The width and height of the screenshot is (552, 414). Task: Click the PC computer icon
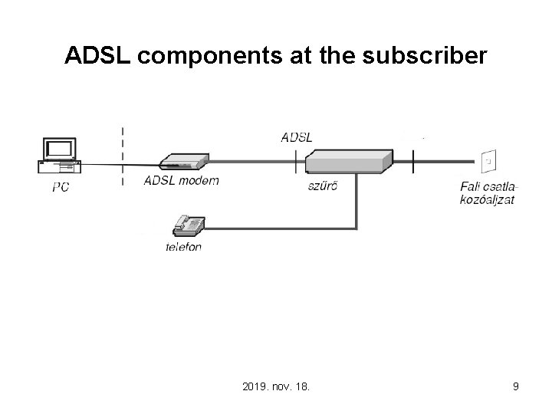click(60, 155)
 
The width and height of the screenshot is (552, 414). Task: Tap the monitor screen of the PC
click(59, 148)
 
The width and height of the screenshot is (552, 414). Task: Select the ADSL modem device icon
click(184, 162)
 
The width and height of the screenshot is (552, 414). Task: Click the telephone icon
click(189, 225)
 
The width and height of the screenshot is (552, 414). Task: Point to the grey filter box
click(349, 162)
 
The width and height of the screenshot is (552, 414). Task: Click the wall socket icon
click(488, 161)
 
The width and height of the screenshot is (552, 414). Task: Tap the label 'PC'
click(61, 187)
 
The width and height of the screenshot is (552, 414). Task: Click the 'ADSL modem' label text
click(182, 181)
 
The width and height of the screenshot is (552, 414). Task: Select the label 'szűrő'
click(323, 186)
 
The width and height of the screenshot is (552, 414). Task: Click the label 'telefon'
click(183, 247)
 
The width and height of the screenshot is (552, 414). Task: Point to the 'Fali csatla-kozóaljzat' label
click(488, 193)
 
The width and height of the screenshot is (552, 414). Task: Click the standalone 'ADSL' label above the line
click(297, 138)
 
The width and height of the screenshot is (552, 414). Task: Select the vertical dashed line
click(123, 156)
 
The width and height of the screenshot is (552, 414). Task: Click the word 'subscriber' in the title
click(425, 55)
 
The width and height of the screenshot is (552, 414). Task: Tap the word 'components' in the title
click(210, 56)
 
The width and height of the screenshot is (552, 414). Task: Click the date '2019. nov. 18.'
click(276, 386)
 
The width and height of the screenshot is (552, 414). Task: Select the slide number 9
click(516, 386)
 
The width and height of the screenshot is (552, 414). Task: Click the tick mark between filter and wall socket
click(413, 161)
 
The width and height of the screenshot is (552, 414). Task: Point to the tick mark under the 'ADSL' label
click(296, 161)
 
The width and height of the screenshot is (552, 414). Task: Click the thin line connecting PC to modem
click(120, 165)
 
